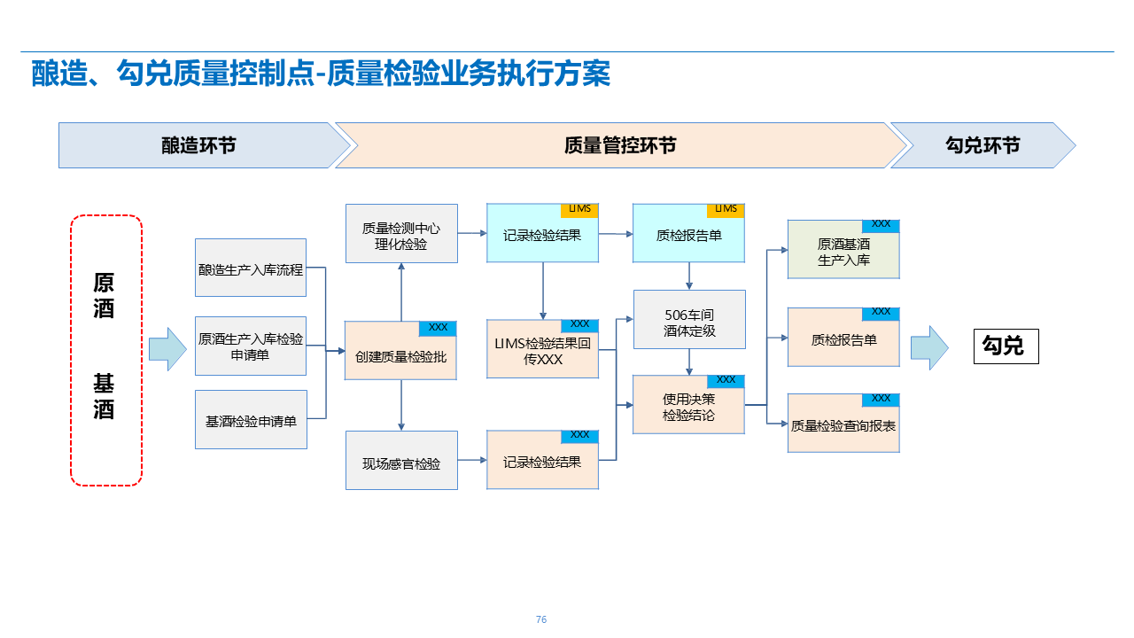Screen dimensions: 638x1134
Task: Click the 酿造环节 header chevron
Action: [x=199, y=145]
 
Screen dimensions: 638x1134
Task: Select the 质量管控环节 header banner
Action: [x=620, y=145]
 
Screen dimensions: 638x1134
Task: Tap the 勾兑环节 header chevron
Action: [x=982, y=145]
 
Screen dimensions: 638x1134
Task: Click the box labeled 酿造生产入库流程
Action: [x=251, y=268]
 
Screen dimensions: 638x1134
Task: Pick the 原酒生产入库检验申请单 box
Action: [x=251, y=346]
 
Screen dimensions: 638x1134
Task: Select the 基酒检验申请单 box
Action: [x=251, y=420]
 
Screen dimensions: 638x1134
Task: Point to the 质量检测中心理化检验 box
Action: [x=400, y=234]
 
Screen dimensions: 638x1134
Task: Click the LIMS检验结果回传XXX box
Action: [x=542, y=351]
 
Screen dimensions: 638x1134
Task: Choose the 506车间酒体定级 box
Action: [x=689, y=321]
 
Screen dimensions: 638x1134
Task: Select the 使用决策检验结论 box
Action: [x=688, y=406]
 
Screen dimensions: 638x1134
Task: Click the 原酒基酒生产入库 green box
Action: [x=843, y=251]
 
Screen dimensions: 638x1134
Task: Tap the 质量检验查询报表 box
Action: [x=843, y=425]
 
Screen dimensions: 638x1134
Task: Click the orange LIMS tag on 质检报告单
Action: [x=726, y=210]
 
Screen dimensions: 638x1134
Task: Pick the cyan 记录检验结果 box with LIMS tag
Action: [x=542, y=236]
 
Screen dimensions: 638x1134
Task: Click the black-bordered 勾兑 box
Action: [x=1006, y=346]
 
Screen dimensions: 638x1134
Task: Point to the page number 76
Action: [x=541, y=619]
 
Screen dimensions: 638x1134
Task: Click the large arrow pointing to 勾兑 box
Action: [x=928, y=347]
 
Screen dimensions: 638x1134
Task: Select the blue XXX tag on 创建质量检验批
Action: [x=438, y=328]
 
